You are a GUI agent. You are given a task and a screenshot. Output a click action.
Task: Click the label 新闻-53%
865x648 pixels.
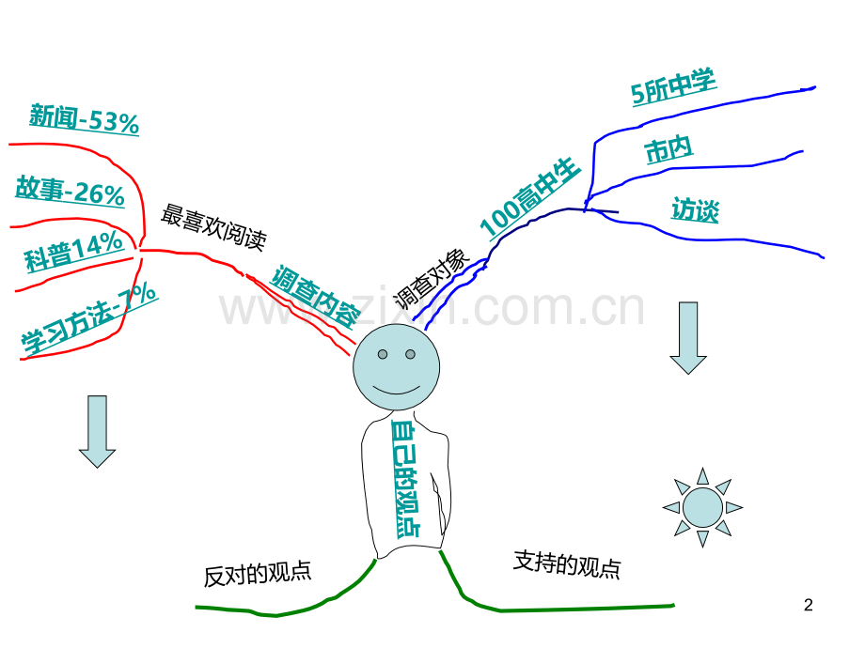[84, 119]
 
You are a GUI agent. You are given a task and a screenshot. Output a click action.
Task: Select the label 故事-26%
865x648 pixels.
[71, 192]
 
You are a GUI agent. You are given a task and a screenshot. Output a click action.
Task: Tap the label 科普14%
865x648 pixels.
[73, 252]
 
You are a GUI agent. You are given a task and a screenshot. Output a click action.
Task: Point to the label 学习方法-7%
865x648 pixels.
[89, 318]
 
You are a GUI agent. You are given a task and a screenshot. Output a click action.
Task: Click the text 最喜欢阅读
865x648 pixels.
[214, 227]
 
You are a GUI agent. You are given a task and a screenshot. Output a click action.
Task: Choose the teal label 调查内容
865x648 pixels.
[315, 297]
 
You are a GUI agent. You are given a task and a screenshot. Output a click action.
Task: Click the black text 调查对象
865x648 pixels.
[432, 279]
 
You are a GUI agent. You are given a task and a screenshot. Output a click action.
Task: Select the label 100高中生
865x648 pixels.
[530, 197]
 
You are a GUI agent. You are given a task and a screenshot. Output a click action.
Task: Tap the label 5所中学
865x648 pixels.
[673, 86]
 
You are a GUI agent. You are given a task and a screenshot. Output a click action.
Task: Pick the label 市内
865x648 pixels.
[668, 149]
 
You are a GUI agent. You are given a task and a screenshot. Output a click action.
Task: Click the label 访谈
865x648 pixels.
[695, 209]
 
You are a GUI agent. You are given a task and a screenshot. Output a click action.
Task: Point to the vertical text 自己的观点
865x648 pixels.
[405, 479]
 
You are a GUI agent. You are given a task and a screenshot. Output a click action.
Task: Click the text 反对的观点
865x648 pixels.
[258, 574]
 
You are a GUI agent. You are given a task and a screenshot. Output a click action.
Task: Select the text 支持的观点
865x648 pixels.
[567, 564]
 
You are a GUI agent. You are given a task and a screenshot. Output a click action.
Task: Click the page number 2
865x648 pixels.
[809, 605]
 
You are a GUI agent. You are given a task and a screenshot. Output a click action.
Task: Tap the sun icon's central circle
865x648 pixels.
[702, 507]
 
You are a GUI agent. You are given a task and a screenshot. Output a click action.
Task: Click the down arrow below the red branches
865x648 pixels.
[97, 431]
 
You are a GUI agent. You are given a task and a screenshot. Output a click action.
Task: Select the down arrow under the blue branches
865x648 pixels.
[688, 338]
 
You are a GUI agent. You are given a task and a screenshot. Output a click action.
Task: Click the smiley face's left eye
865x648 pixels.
[383, 354]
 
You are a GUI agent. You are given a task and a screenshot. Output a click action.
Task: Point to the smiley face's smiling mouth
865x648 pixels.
[396, 392]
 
